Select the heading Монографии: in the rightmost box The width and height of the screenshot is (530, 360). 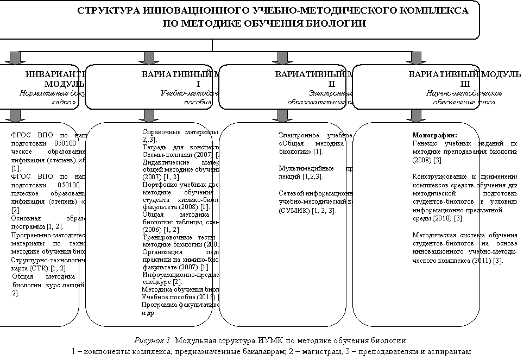coord(435,135)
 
